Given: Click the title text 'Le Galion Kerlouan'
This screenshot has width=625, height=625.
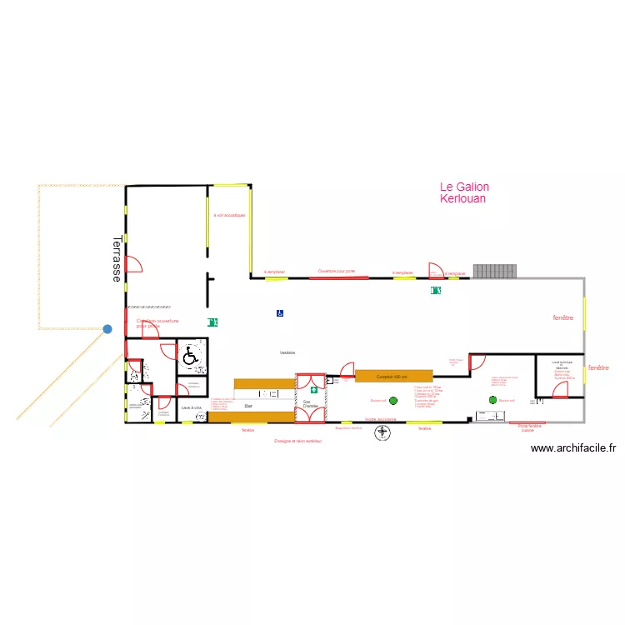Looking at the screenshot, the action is coord(463,193).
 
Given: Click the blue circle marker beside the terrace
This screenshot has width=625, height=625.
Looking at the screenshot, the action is coord(107,329).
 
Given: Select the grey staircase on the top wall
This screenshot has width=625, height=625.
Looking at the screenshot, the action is coord(494,271).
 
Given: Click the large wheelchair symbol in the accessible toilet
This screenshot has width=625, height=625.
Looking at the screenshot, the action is coord(191,357).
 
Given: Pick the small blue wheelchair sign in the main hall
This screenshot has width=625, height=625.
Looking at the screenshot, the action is coord(280,313).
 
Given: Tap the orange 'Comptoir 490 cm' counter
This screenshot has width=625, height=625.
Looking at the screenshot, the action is coord(393,377).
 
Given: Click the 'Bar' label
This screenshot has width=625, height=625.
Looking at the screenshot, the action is coord(247,406).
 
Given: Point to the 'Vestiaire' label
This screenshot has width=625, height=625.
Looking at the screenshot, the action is coord(287,353).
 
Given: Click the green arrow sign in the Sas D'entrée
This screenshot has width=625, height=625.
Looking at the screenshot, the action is coord(314,388).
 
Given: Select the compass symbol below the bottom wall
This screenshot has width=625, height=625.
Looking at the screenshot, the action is coord(382,432).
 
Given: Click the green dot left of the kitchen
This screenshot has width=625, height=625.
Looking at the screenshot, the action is coord(393,401).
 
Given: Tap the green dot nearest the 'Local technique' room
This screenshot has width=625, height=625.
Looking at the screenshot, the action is coord(492,400).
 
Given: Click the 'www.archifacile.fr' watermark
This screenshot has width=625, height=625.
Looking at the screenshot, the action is coord(572,447).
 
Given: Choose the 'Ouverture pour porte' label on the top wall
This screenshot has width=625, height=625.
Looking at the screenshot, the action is coord(337,271).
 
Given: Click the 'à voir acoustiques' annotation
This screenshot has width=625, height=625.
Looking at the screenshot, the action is coord(229,215).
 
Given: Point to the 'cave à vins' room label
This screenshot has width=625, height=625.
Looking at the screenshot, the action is coord(192,407).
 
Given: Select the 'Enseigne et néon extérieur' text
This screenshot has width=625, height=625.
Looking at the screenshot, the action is coord(297,441).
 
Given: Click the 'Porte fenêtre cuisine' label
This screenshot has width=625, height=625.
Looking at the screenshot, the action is coord(529,428).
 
